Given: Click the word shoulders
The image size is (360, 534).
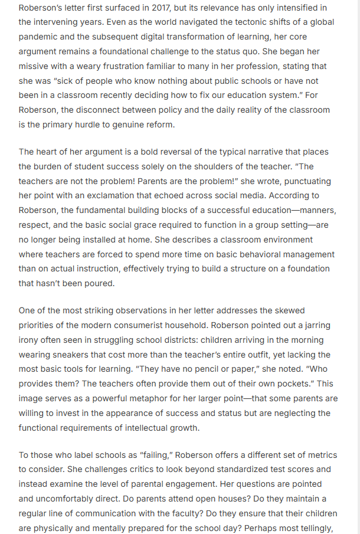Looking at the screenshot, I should tap(236, 166).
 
